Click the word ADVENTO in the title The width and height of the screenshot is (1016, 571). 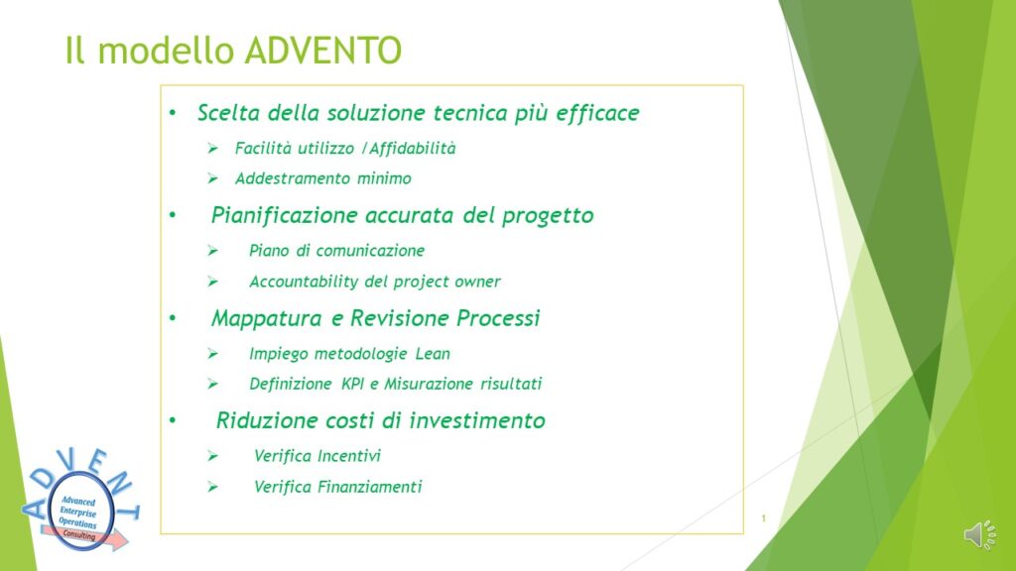(x=323, y=51)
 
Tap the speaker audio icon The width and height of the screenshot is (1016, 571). (x=979, y=534)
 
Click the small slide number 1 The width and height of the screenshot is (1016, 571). (x=763, y=517)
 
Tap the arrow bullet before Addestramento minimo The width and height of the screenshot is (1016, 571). (x=212, y=178)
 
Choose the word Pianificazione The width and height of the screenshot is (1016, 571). (x=284, y=215)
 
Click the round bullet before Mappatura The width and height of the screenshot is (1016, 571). (x=173, y=318)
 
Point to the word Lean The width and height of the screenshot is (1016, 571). (x=433, y=354)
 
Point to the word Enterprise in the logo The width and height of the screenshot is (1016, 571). (x=77, y=513)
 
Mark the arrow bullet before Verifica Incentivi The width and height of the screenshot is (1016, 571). (x=212, y=456)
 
